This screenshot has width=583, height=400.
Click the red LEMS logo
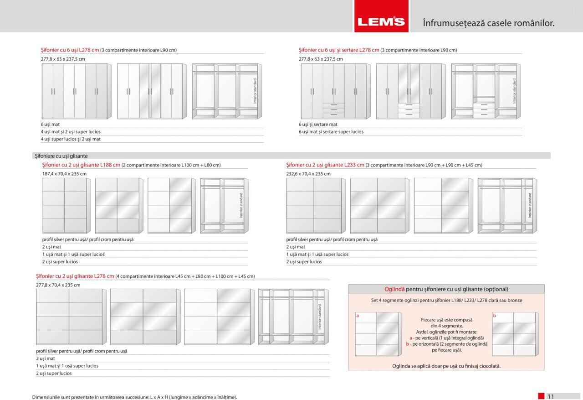pos(381,21)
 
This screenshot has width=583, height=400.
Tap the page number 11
pos(551,396)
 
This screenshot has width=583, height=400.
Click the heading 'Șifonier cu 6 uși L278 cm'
pos(70,50)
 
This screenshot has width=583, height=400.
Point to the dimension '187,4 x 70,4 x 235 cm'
pos(64,174)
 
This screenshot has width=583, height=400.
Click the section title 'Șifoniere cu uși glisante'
pos(61,156)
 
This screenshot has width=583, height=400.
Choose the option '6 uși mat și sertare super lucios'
pos(331,132)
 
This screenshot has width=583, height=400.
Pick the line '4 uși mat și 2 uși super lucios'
pos(71,132)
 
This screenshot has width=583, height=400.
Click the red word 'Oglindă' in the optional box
pos(394,289)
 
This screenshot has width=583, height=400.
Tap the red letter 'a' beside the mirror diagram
pos(358,316)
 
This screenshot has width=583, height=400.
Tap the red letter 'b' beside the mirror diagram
pos(494,316)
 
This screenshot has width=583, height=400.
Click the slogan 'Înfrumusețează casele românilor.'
pos(488,23)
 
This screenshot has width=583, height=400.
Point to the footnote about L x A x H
pos(134,397)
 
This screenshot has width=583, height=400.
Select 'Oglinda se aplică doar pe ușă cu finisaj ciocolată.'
pos(446,366)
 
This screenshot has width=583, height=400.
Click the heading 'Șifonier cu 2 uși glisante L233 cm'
pos(325,165)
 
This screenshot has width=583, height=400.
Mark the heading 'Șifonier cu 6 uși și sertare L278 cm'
pos(339,50)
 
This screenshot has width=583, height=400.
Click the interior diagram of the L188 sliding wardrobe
pos(224,206)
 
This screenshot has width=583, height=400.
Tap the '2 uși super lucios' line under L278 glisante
pos(54,373)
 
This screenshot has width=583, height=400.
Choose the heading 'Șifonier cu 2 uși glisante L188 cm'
pos(81,165)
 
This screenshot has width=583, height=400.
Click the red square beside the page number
pos(541,396)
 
